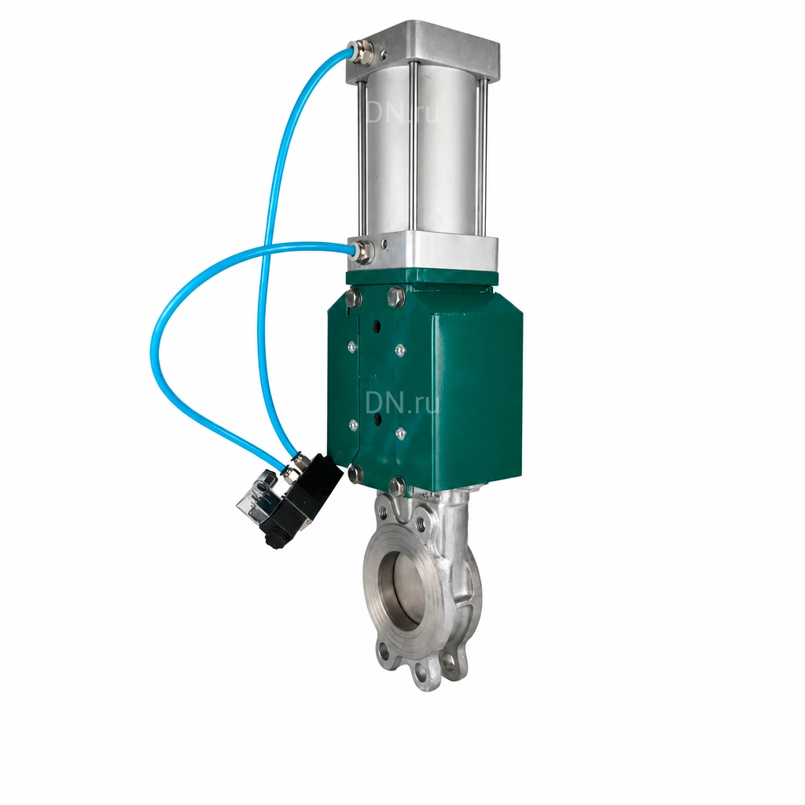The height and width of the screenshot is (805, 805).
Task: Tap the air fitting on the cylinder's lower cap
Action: click(x=362, y=251)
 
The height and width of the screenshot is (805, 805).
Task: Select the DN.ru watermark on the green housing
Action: click(x=402, y=403)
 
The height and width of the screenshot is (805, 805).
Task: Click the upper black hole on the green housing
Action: click(x=377, y=326)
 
